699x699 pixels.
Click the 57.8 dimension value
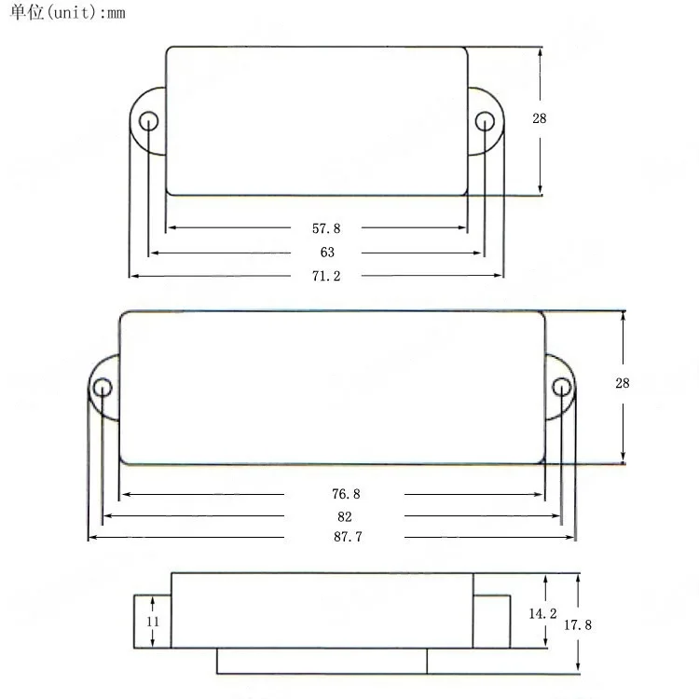[326, 228]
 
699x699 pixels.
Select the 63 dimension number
[327, 253]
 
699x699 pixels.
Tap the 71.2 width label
[326, 276]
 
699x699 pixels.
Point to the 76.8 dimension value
[346, 494]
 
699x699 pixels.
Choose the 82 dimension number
[345, 516]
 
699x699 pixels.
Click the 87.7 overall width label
[348, 536]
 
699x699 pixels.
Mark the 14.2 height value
[542, 614]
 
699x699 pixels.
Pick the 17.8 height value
[577, 625]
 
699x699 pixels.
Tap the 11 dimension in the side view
[153, 622]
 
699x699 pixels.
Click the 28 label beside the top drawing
[540, 118]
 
